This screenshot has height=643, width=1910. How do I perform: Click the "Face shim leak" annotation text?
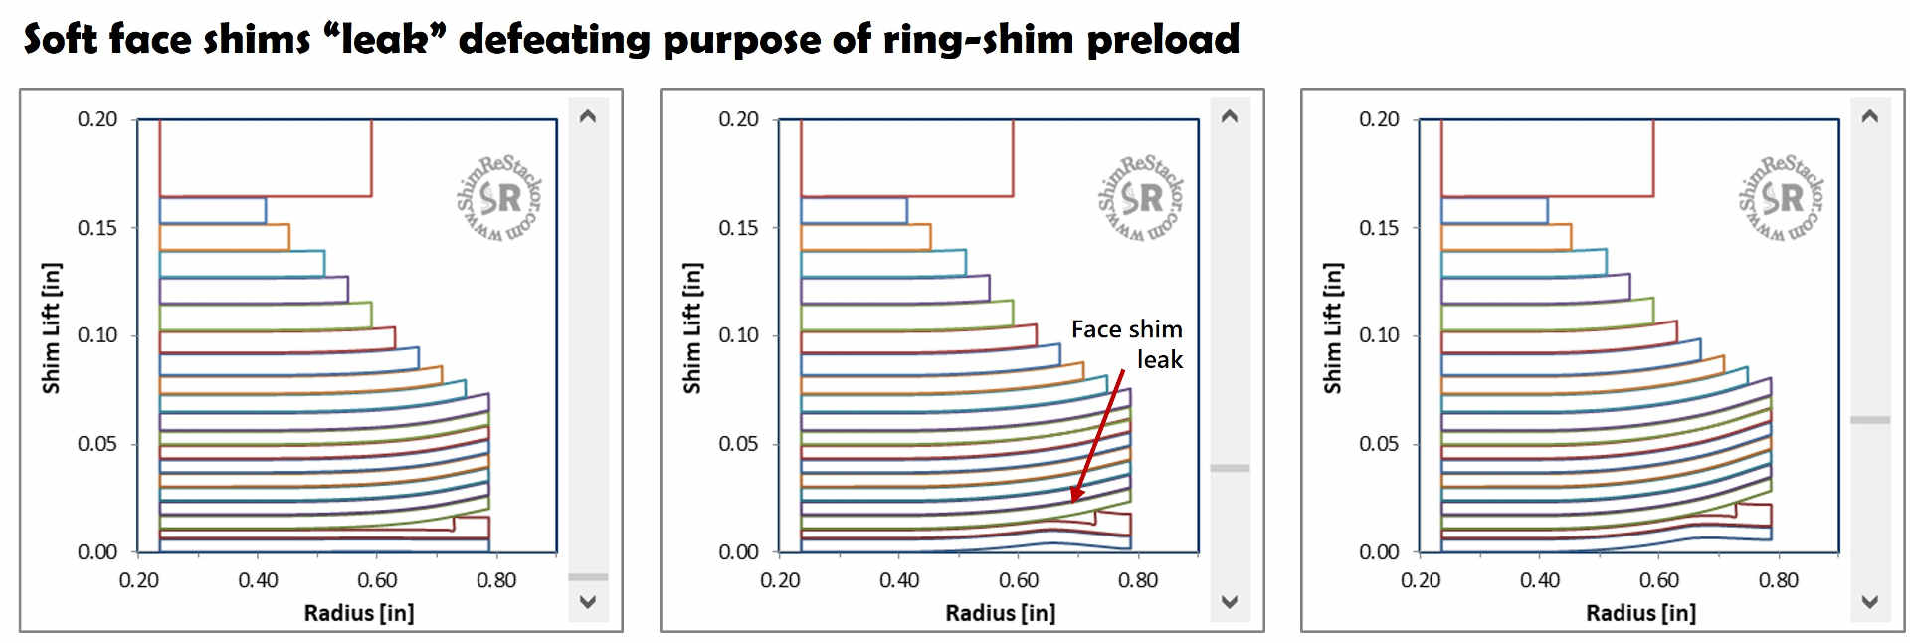click(1128, 344)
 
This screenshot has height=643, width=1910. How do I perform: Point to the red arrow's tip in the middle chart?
click(1072, 500)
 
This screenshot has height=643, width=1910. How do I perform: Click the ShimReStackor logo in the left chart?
click(499, 197)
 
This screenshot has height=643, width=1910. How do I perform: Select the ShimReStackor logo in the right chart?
click(1781, 197)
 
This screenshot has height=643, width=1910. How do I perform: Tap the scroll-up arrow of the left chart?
click(588, 116)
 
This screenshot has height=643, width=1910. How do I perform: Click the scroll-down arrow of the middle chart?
click(1230, 601)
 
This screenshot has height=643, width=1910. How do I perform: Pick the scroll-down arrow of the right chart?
click(1870, 601)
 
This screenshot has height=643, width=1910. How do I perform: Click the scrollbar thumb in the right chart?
click(1870, 420)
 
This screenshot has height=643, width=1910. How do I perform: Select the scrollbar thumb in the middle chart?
click(1230, 467)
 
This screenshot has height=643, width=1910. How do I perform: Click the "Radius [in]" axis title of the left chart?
click(359, 613)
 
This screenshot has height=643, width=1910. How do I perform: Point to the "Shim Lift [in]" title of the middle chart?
click(692, 328)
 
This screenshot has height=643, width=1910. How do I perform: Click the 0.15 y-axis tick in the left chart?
click(97, 228)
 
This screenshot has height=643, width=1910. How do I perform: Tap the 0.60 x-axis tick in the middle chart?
click(1019, 580)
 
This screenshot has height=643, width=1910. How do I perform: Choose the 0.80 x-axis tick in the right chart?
click(1779, 580)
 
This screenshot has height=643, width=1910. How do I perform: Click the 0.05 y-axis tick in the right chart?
click(1379, 444)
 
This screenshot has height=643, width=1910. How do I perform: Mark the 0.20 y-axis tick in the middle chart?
click(738, 119)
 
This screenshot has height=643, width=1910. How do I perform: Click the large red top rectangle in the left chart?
click(266, 157)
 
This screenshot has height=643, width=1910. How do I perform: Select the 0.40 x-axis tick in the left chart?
click(258, 580)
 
